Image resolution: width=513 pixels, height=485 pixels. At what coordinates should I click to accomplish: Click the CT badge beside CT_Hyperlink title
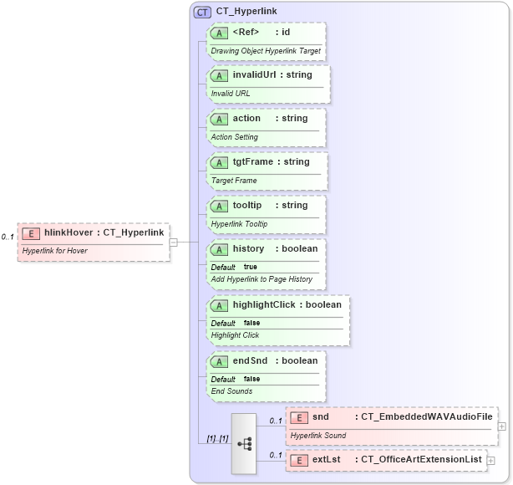click(x=202, y=13)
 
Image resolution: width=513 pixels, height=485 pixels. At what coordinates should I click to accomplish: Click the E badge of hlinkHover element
click(x=32, y=232)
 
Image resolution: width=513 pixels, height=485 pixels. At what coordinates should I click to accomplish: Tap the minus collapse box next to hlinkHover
click(x=174, y=242)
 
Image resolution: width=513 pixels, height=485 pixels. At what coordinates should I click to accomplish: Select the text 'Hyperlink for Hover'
click(x=55, y=250)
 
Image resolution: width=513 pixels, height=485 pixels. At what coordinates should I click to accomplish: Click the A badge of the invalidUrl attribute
click(x=220, y=75)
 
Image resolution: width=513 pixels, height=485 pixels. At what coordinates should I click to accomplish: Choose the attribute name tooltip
click(x=247, y=206)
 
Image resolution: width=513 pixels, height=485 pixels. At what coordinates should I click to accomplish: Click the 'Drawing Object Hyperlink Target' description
click(x=265, y=50)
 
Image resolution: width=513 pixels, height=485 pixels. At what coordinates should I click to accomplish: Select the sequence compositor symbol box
click(x=244, y=444)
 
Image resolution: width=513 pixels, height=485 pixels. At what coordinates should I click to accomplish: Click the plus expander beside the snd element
click(x=501, y=426)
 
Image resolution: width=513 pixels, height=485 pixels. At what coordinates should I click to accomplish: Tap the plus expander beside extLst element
click(x=491, y=460)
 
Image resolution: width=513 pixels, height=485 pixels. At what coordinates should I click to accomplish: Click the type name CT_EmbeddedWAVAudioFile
click(x=426, y=416)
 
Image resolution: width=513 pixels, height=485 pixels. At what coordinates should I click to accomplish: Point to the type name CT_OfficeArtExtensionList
click(x=422, y=460)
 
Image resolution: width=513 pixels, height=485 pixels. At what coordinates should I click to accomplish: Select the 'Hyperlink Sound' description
click(x=318, y=436)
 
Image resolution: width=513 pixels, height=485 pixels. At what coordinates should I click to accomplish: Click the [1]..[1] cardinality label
click(x=217, y=438)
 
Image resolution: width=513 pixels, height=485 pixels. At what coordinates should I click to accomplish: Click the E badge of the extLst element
click(x=299, y=460)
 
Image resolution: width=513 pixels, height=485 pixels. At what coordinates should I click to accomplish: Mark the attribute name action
click(x=246, y=119)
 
